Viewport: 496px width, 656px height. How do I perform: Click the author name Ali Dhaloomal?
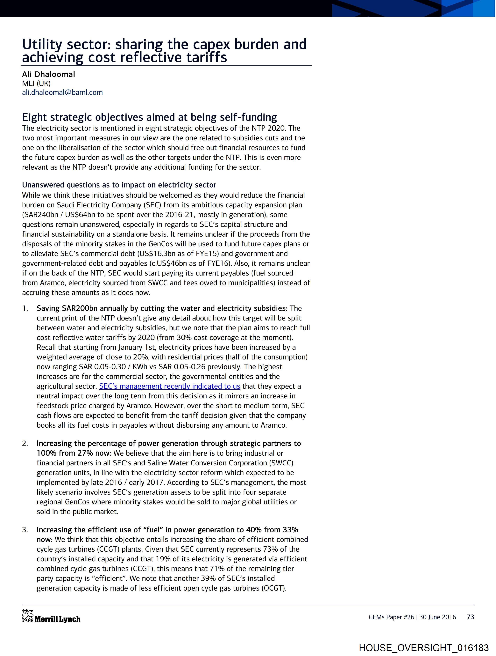click(x=49, y=74)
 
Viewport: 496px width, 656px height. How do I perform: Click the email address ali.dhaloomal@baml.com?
click(x=62, y=92)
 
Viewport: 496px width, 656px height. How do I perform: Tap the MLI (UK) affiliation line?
click(x=36, y=83)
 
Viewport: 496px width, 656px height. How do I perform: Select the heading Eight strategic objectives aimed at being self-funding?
click(x=149, y=117)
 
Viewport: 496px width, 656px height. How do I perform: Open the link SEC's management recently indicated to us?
click(x=169, y=386)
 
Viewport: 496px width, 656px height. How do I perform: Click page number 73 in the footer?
click(x=470, y=617)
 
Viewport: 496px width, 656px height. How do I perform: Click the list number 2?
click(x=25, y=443)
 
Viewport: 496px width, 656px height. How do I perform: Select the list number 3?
click(x=25, y=530)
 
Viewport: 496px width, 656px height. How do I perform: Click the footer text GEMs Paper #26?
click(x=391, y=617)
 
